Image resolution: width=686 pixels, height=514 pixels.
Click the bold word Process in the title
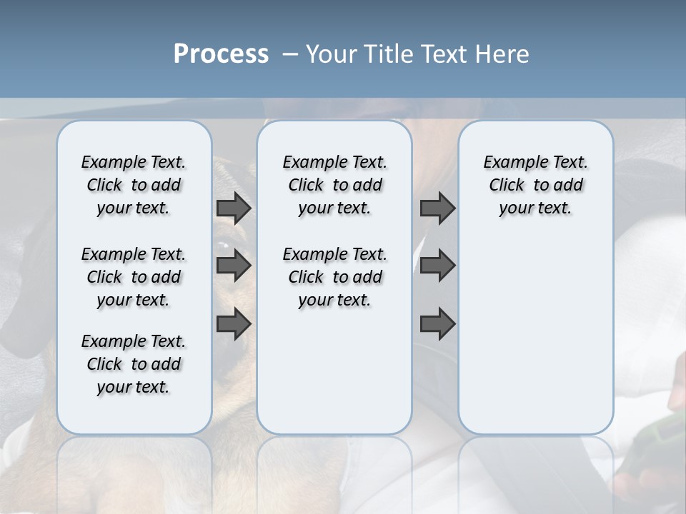(221, 54)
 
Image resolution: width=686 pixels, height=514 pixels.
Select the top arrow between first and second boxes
(234, 208)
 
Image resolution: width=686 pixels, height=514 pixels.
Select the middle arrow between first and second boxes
(234, 266)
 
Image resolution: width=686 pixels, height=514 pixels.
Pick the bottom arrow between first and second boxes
(234, 324)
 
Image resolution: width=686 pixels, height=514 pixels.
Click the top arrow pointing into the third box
(437, 208)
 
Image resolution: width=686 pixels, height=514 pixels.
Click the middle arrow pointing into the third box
(437, 266)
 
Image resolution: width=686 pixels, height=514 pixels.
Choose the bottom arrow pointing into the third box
(437, 324)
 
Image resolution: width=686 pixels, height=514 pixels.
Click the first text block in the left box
(134, 185)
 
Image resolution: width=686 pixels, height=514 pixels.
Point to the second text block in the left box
(134, 277)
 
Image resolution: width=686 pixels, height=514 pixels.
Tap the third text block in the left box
(134, 364)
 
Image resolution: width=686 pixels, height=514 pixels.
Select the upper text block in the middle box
(334, 185)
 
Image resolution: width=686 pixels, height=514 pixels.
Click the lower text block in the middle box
(334, 277)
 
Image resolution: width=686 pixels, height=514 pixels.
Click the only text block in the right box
(535, 185)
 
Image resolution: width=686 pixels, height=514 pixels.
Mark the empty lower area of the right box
(535, 336)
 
